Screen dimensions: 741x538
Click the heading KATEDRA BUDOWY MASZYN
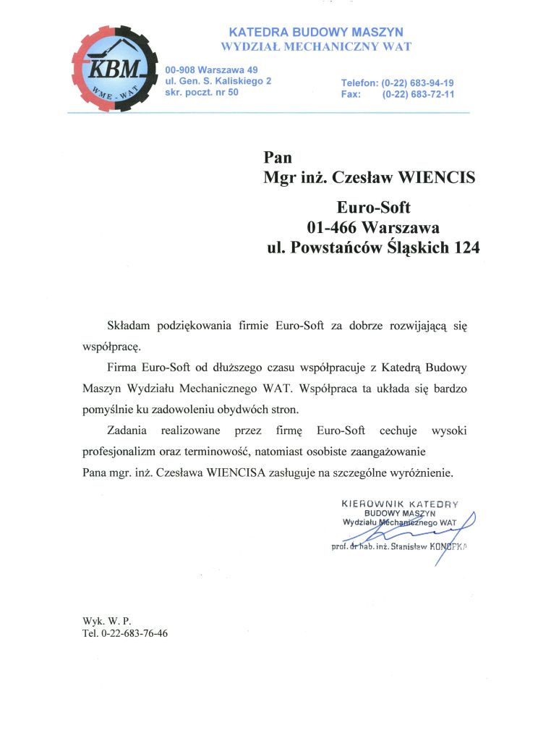[315, 33]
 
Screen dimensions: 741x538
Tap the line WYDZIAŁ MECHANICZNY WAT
[315, 47]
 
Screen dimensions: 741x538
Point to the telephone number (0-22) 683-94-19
[417, 83]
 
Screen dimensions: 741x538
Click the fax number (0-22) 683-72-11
[417, 95]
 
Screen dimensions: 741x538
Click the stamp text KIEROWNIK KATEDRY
[400, 502]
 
